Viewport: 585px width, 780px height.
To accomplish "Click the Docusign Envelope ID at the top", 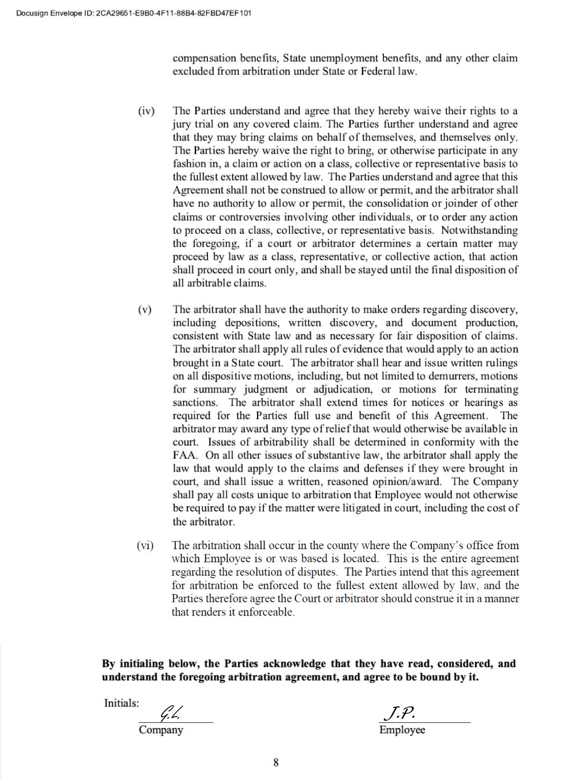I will (x=134, y=13).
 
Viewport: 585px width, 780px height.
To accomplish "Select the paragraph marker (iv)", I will (x=146, y=111).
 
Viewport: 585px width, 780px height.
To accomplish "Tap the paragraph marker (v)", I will (x=145, y=310).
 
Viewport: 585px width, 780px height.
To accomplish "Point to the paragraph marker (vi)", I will (x=145, y=546).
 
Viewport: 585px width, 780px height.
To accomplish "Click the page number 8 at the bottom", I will (x=276, y=762).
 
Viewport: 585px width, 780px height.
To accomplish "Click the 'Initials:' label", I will (x=121, y=703).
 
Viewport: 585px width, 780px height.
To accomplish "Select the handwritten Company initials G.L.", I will (x=171, y=713).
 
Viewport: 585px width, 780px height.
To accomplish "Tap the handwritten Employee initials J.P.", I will (x=399, y=713).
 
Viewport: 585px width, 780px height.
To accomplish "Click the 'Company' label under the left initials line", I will (x=161, y=730).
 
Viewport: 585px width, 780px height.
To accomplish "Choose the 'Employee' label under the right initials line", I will (x=402, y=730).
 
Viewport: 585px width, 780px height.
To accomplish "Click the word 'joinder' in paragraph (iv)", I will (x=463, y=203).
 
